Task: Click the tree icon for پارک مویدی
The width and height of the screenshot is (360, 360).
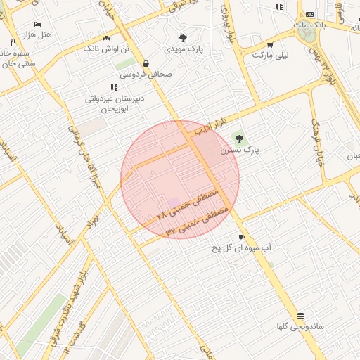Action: [184, 39]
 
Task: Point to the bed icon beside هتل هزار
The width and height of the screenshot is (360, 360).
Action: [37, 24]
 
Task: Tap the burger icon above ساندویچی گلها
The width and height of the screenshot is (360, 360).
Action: [301, 316]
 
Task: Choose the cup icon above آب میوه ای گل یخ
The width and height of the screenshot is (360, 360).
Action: [242, 237]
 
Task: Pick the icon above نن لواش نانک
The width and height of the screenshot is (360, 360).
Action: [106, 38]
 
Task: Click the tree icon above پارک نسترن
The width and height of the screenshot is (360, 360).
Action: [238, 139]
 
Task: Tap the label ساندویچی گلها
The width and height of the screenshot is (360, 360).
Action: [300, 327]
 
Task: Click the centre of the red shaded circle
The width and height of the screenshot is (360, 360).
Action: [180, 179]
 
